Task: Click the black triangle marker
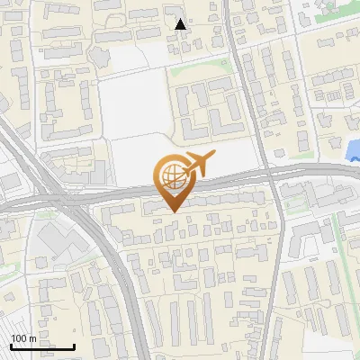pyautogui.click(x=181, y=24)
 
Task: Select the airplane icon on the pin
pyautogui.click(x=198, y=165)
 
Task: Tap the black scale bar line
pyautogui.click(x=42, y=346)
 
